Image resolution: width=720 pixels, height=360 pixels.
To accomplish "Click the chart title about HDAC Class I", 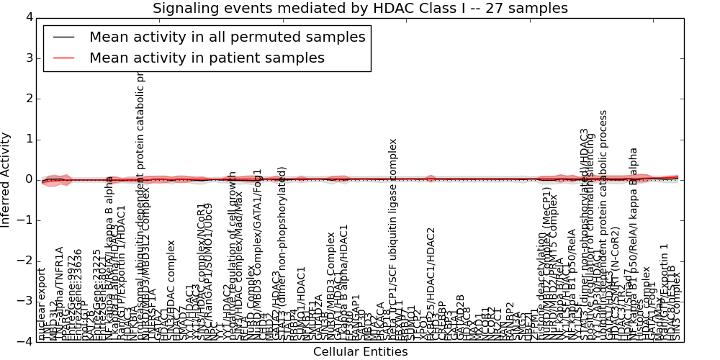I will [360, 9].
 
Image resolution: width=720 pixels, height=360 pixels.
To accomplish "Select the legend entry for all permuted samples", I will [227, 37].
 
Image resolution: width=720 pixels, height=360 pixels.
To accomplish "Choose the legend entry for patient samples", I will [207, 58].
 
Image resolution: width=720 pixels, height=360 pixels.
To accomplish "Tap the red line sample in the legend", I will [63, 58].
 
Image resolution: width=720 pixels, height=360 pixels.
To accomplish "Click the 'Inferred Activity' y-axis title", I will [6, 179].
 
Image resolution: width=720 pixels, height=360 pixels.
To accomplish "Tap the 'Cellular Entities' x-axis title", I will [360, 352].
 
